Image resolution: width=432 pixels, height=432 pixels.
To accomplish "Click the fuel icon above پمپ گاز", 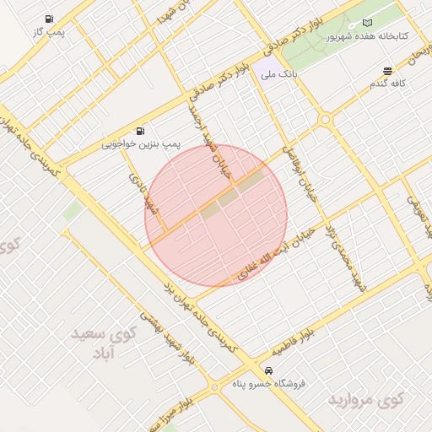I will click(x=51, y=19).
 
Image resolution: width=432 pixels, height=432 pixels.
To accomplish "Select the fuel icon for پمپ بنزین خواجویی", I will click(x=139, y=131).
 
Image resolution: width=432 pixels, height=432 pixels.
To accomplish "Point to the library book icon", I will click(x=366, y=22).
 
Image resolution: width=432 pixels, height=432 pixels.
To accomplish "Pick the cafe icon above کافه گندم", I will click(x=386, y=70).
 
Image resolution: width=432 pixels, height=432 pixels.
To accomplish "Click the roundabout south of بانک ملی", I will click(x=325, y=120).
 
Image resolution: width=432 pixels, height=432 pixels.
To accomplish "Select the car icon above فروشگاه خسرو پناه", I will click(x=268, y=370).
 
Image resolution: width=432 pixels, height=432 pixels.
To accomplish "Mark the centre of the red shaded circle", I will click(x=216, y=215).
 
